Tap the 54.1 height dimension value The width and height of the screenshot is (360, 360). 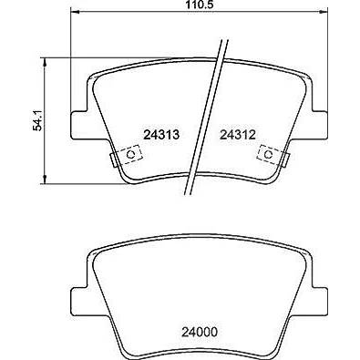(38, 121)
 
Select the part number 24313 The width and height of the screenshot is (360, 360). (161, 135)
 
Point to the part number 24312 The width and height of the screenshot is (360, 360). (238, 135)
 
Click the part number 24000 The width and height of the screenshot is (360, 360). (200, 332)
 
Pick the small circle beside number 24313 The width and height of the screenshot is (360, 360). (130, 154)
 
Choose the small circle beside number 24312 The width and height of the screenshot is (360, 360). (268, 154)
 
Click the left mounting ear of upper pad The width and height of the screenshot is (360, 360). (79, 125)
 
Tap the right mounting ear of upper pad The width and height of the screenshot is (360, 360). (320, 125)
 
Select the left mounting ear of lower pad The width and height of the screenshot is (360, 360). (79, 302)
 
